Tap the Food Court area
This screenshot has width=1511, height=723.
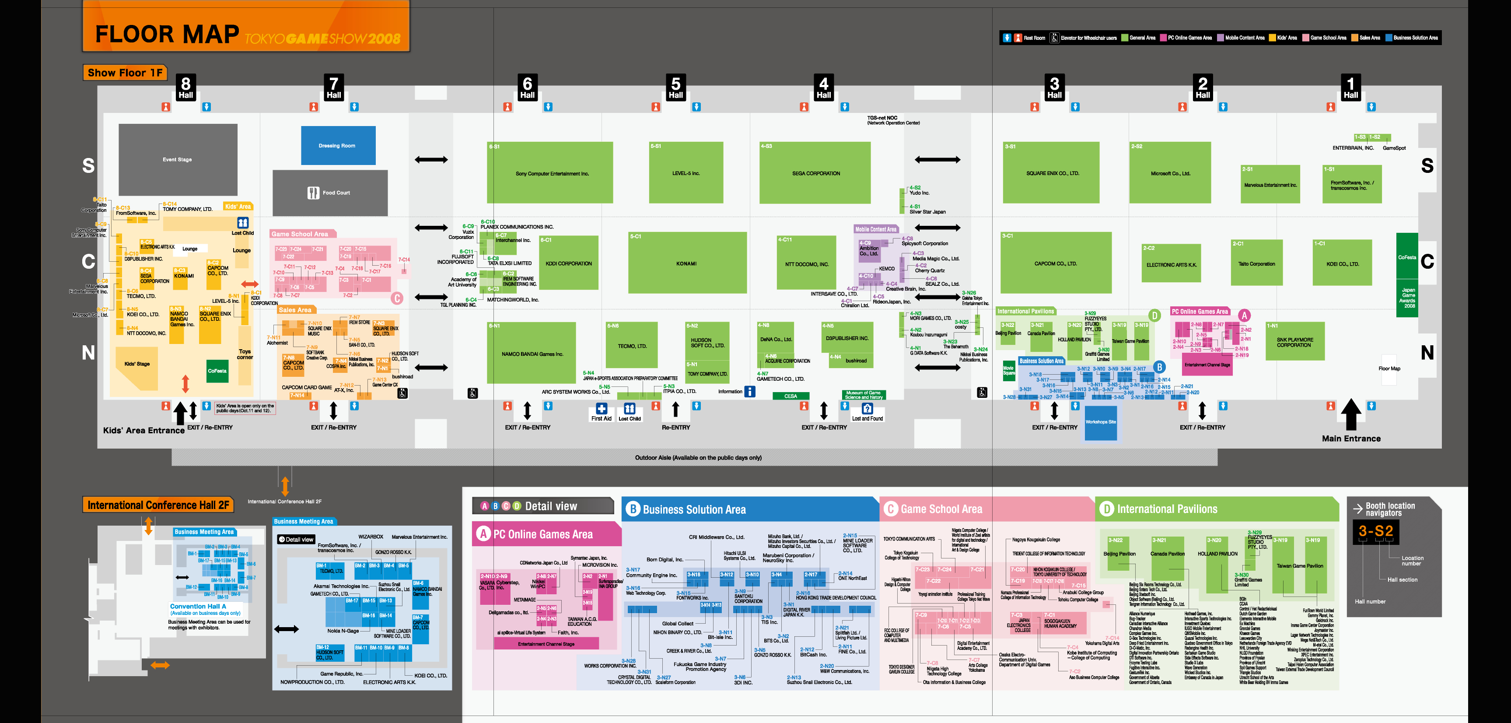coord(330,193)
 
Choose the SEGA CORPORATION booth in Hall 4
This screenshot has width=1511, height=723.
coord(816,173)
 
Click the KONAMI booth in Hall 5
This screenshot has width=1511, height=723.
coord(687,263)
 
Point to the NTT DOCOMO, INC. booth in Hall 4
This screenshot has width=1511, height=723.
coord(807,263)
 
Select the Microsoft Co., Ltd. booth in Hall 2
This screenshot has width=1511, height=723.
coord(1170,173)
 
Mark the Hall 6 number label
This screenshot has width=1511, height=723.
coord(527,87)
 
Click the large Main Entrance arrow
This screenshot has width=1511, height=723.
coord(1351,415)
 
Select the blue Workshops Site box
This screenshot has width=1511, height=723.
coord(1100,421)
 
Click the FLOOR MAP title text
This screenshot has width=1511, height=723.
coord(167,34)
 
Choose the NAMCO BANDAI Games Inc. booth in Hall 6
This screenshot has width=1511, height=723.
coord(532,354)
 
